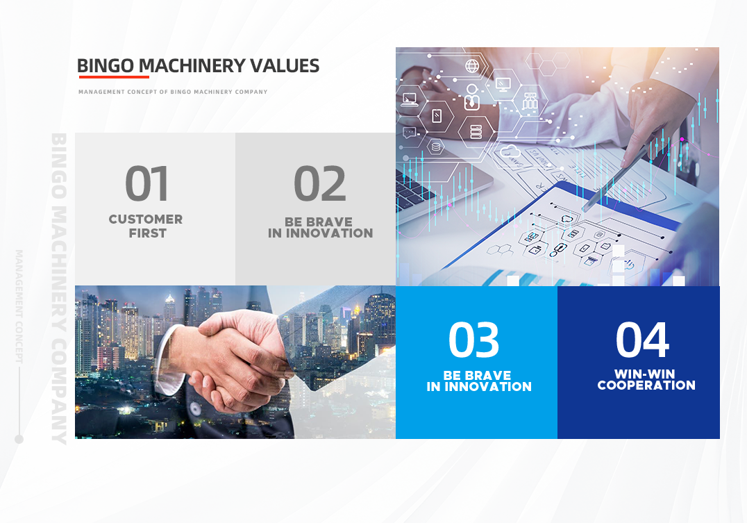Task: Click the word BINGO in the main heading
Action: [x=106, y=66]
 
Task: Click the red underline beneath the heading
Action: [x=114, y=76]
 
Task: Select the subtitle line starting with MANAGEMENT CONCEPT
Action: [x=173, y=92]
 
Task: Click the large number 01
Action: [x=146, y=183]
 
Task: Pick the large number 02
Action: [x=319, y=183]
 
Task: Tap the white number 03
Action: [x=473, y=340]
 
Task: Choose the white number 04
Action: [x=642, y=340]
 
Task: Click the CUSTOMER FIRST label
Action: [x=146, y=226]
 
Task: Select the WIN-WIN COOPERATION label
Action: [x=646, y=379]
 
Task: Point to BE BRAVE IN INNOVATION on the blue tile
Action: [x=479, y=381]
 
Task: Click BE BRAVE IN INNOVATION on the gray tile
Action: [x=320, y=227]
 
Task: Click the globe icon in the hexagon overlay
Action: [x=472, y=66]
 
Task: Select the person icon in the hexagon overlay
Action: [x=471, y=97]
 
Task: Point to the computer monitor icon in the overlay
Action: [x=503, y=84]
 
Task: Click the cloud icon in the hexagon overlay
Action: [x=510, y=151]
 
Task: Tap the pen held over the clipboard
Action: [x=614, y=179]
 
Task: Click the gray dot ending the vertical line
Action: [x=19, y=439]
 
